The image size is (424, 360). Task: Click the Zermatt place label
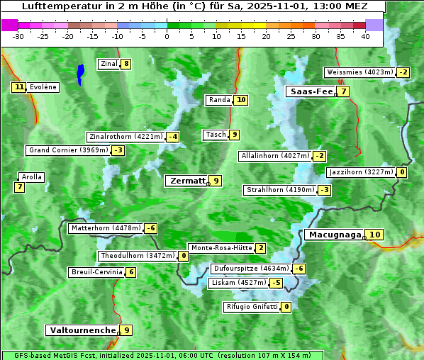(x=187, y=181)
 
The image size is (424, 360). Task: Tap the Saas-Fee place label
(x=311, y=91)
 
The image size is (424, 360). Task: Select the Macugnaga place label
(x=334, y=235)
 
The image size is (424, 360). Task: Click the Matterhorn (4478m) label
(x=105, y=228)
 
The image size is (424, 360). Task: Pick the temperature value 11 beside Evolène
(x=19, y=87)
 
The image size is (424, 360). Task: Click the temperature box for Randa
(x=241, y=100)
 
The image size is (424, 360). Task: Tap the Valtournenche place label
(x=82, y=330)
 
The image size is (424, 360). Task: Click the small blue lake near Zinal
(x=80, y=73)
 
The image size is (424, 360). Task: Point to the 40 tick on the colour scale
(x=366, y=36)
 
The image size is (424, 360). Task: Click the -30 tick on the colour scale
(x=18, y=36)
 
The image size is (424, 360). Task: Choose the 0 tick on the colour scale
(x=167, y=36)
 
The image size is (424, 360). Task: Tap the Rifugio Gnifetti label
(x=252, y=307)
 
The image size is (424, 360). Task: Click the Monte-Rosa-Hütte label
(x=221, y=248)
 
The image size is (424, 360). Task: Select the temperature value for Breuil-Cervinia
(x=130, y=272)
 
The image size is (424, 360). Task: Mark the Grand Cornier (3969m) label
(x=69, y=150)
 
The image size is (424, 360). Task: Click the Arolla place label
(x=32, y=177)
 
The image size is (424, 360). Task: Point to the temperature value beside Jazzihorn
(x=402, y=172)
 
